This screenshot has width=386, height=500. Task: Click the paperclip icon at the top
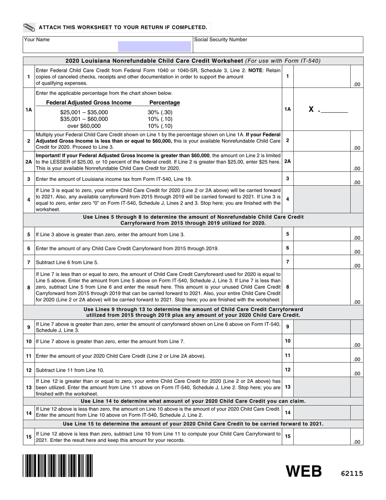[x=29, y=28]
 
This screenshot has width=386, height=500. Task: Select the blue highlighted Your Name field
[x=154, y=46]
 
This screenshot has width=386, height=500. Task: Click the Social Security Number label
[x=221, y=40]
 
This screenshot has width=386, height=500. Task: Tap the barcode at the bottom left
[x=58, y=465]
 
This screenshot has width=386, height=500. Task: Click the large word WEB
[x=304, y=471]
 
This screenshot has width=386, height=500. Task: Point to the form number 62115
[x=351, y=473]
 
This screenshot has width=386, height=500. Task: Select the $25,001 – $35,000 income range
[x=84, y=112]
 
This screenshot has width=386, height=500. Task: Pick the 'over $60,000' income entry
[x=84, y=126]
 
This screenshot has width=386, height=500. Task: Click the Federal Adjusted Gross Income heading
[x=89, y=103]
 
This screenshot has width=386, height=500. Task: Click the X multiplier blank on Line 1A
[x=333, y=109]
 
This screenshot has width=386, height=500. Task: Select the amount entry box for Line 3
[x=322, y=179]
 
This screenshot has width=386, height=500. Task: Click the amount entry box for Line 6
[x=322, y=248]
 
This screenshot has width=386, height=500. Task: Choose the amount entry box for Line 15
[x=322, y=437]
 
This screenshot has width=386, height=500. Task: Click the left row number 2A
[x=29, y=162]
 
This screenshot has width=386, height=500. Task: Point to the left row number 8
[x=29, y=287]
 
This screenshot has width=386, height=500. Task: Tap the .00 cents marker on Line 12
[x=356, y=373]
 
